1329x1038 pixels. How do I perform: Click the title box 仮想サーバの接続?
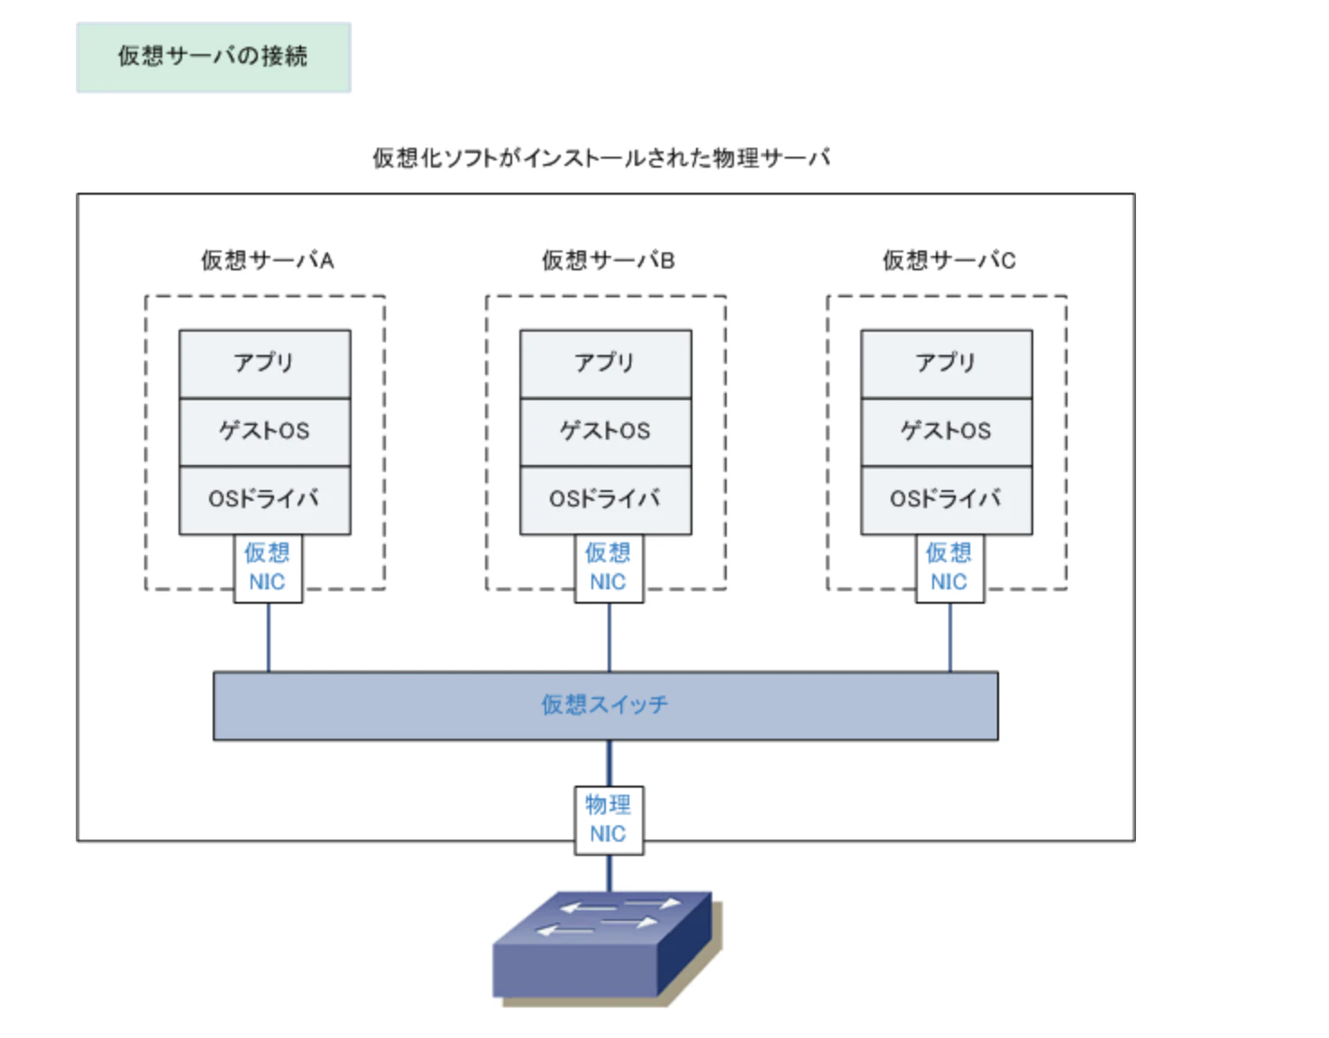point(213,57)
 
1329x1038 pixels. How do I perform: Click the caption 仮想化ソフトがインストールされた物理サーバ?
point(600,158)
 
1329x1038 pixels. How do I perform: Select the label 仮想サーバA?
point(267,260)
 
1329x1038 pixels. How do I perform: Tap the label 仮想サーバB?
point(608,260)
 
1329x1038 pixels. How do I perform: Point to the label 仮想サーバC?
point(949,260)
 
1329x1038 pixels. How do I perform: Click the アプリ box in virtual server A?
point(264,363)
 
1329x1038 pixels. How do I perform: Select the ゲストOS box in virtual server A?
point(264,432)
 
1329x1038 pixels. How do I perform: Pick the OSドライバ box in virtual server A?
point(264,499)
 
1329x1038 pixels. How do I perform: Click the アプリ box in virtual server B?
point(605,363)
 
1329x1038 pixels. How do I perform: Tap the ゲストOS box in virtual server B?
point(605,432)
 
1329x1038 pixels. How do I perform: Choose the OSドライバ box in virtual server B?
point(605,499)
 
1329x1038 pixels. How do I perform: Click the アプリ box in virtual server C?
point(946,363)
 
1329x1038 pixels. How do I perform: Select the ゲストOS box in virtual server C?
point(946,432)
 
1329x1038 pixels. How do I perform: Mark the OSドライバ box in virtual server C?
point(946,499)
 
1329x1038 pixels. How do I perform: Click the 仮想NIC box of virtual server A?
point(268,569)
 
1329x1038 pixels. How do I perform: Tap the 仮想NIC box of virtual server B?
point(609,569)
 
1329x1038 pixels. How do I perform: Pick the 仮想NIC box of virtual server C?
point(949,569)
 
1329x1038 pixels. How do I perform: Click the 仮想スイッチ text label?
point(605,705)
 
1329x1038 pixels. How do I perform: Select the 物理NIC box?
point(609,820)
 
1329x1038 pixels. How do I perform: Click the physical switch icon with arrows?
point(604,946)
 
